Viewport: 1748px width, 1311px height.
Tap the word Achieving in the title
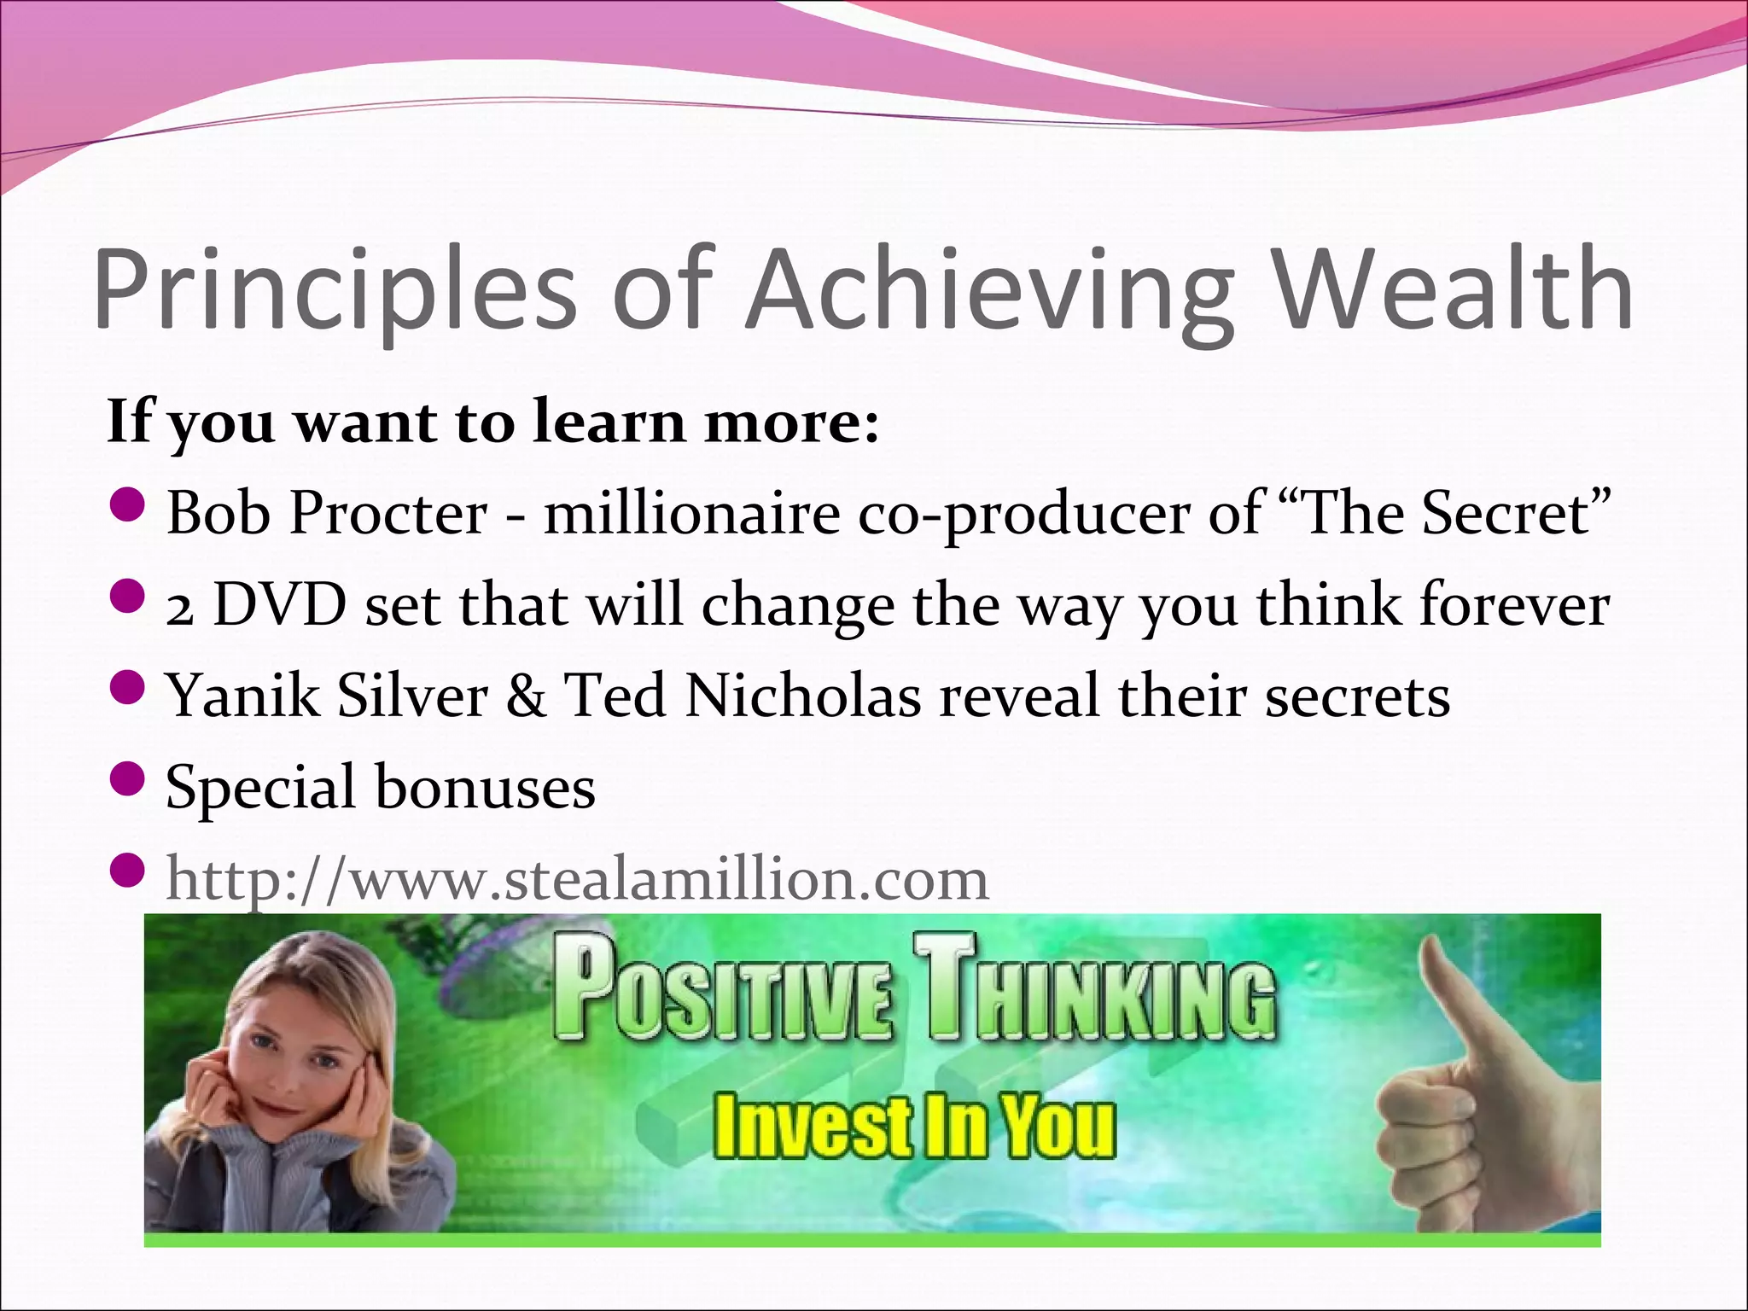tap(990, 290)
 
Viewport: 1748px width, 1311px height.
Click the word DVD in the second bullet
tap(279, 605)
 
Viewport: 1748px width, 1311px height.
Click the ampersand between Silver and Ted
tap(526, 696)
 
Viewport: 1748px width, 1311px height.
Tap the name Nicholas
tap(802, 696)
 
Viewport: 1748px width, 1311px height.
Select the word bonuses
tap(485, 787)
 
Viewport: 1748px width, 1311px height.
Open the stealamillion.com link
tap(577, 879)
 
